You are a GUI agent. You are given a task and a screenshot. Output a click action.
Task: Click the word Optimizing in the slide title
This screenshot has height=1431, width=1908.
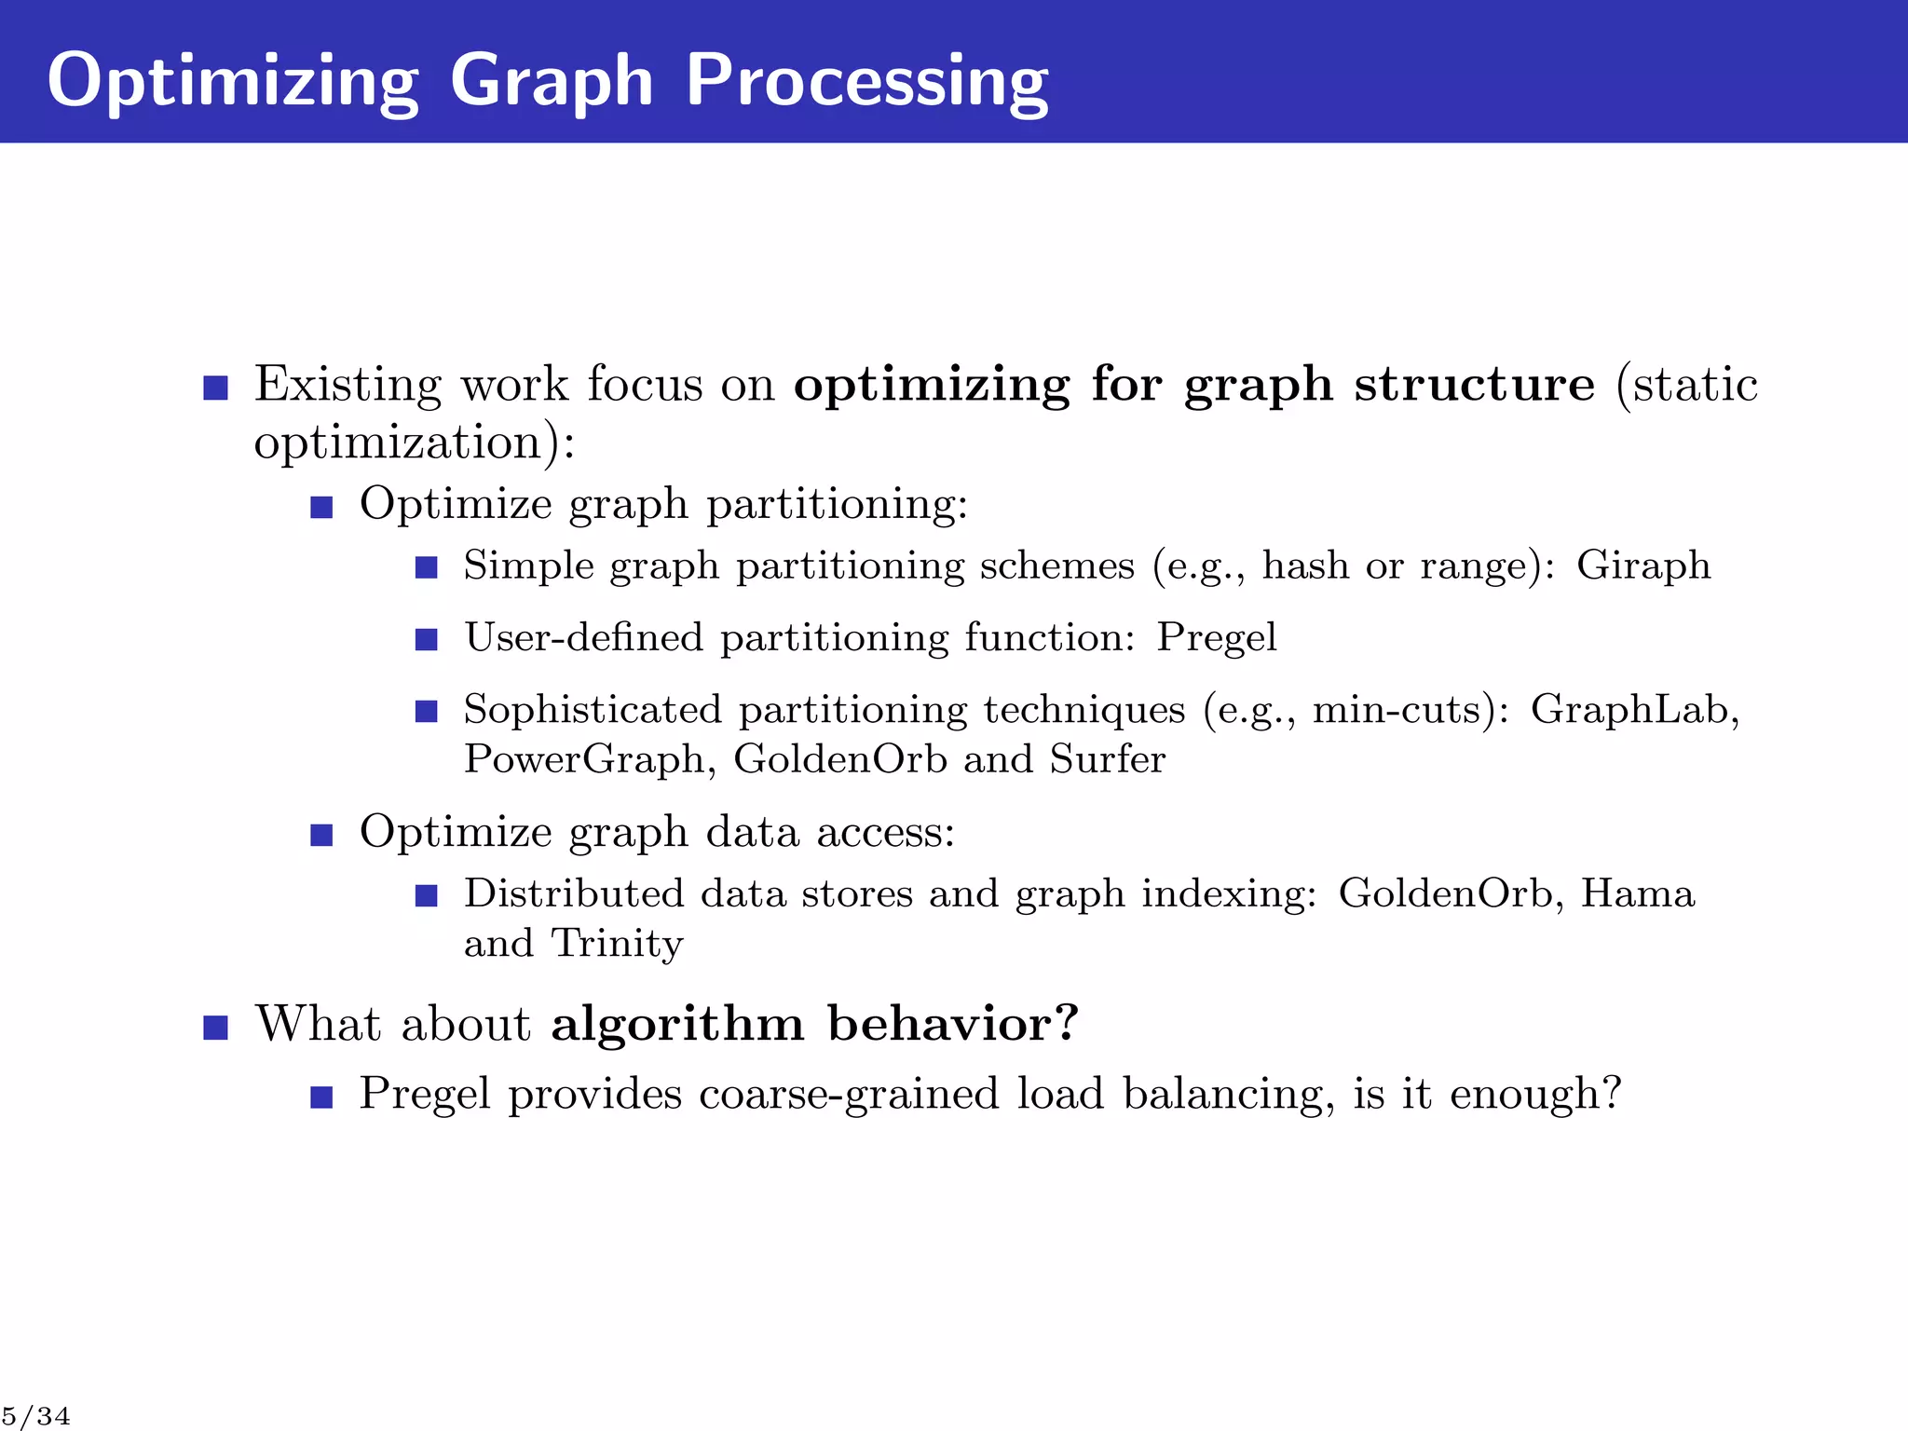pos(233,82)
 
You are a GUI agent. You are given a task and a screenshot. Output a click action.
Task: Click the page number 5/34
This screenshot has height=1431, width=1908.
pos(35,1416)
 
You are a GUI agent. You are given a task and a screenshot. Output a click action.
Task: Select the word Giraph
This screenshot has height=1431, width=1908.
pos(1643,566)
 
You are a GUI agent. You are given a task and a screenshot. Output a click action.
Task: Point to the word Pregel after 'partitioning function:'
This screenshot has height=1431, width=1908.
pos(1216,638)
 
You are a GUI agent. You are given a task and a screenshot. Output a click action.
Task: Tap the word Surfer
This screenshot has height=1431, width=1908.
pos(1108,759)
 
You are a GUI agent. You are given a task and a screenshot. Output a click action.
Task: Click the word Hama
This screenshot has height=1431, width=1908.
pos(1637,893)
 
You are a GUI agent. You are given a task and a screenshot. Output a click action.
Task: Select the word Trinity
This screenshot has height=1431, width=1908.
pos(617,943)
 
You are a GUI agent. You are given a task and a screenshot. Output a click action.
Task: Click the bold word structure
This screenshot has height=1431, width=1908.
pos(1474,384)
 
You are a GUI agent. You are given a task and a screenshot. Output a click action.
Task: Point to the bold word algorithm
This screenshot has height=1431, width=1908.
pos(677,1024)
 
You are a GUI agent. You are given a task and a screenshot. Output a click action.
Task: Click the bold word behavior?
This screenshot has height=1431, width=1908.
pos(953,1024)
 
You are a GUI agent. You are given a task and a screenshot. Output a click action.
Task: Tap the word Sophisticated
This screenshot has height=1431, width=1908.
pos(593,710)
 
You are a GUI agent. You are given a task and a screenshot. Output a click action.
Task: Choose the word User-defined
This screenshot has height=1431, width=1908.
pos(583,638)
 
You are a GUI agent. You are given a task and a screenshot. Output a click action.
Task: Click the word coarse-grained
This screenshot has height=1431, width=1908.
pos(849,1094)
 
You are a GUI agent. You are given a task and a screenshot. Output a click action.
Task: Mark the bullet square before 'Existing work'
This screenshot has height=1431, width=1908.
pos(215,388)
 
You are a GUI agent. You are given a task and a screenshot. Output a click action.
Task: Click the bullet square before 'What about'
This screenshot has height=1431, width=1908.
pos(215,1028)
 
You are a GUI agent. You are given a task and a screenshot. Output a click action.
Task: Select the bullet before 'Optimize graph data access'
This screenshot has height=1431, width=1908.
pos(321,835)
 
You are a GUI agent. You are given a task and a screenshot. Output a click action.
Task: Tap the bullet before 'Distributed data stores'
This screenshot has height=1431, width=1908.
pos(426,896)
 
